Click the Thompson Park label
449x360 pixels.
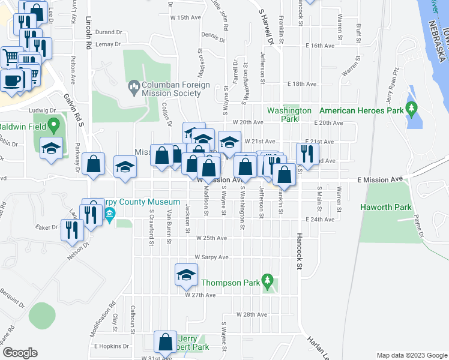pyautogui.click(x=230, y=283)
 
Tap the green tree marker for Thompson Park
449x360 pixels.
pyautogui.click(x=268, y=281)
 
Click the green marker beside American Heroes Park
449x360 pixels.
pyautogui.click(x=411, y=109)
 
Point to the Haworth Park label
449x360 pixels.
pyautogui.click(x=385, y=208)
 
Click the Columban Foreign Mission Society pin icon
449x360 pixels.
pyautogui.click(x=133, y=89)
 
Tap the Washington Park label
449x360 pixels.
pyautogui.click(x=289, y=115)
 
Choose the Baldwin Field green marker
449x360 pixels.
pyautogui.click(x=53, y=126)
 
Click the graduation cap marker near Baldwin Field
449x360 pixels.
pyautogui.click(x=52, y=148)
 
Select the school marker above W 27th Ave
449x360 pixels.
pyautogui.click(x=186, y=275)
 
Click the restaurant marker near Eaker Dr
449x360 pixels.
pyautogui.click(x=71, y=229)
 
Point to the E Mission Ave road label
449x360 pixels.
pyautogui.click(x=379, y=179)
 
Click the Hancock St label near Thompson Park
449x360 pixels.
pyautogui.click(x=298, y=252)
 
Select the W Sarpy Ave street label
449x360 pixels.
pyautogui.click(x=211, y=257)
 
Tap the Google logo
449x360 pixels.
pyautogui.click(x=20, y=353)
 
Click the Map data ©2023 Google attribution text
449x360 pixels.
pyautogui.click(x=411, y=355)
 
